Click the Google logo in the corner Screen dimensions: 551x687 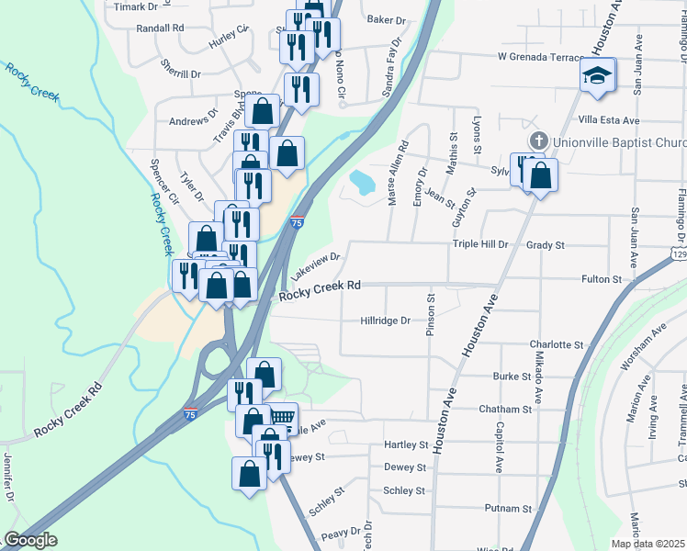[x=30, y=540]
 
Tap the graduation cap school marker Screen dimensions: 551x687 [x=596, y=75]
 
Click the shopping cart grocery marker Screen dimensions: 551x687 [x=283, y=417]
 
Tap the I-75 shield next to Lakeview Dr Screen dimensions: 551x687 [x=296, y=223]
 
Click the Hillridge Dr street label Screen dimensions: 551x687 [x=385, y=321]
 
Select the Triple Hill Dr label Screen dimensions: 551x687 [x=479, y=245]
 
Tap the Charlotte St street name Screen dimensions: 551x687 [x=557, y=344]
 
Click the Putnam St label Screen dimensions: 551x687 [x=509, y=508]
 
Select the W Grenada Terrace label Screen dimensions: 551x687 [x=540, y=57]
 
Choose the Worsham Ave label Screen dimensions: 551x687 [x=642, y=349]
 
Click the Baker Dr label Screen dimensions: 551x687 [x=386, y=19]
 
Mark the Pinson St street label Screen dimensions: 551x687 [x=430, y=315]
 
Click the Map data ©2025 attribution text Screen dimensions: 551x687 [x=648, y=544]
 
